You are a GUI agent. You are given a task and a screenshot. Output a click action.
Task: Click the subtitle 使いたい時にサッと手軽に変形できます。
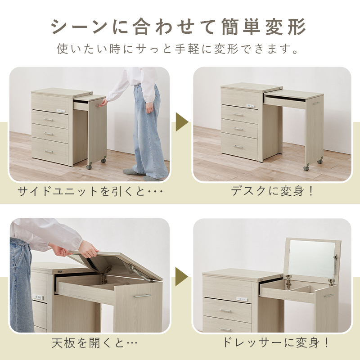(x=179, y=49)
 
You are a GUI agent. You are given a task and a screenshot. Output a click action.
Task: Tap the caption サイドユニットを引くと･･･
(x=90, y=192)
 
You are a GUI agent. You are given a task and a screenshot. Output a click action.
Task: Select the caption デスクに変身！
(x=272, y=191)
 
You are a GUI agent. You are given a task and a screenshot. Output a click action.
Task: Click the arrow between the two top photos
(x=181, y=122)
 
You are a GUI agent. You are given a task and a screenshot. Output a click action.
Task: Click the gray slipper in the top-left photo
(x=133, y=171)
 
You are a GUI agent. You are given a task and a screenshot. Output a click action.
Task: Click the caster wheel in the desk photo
(x=307, y=167)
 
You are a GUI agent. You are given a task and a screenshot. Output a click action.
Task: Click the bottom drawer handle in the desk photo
(x=238, y=147)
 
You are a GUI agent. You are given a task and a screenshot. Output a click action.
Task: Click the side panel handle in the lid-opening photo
(x=142, y=296)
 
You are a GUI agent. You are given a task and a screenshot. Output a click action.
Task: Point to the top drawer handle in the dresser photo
(x=225, y=310)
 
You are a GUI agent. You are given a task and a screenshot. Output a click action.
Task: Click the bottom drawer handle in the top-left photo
(x=49, y=152)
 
